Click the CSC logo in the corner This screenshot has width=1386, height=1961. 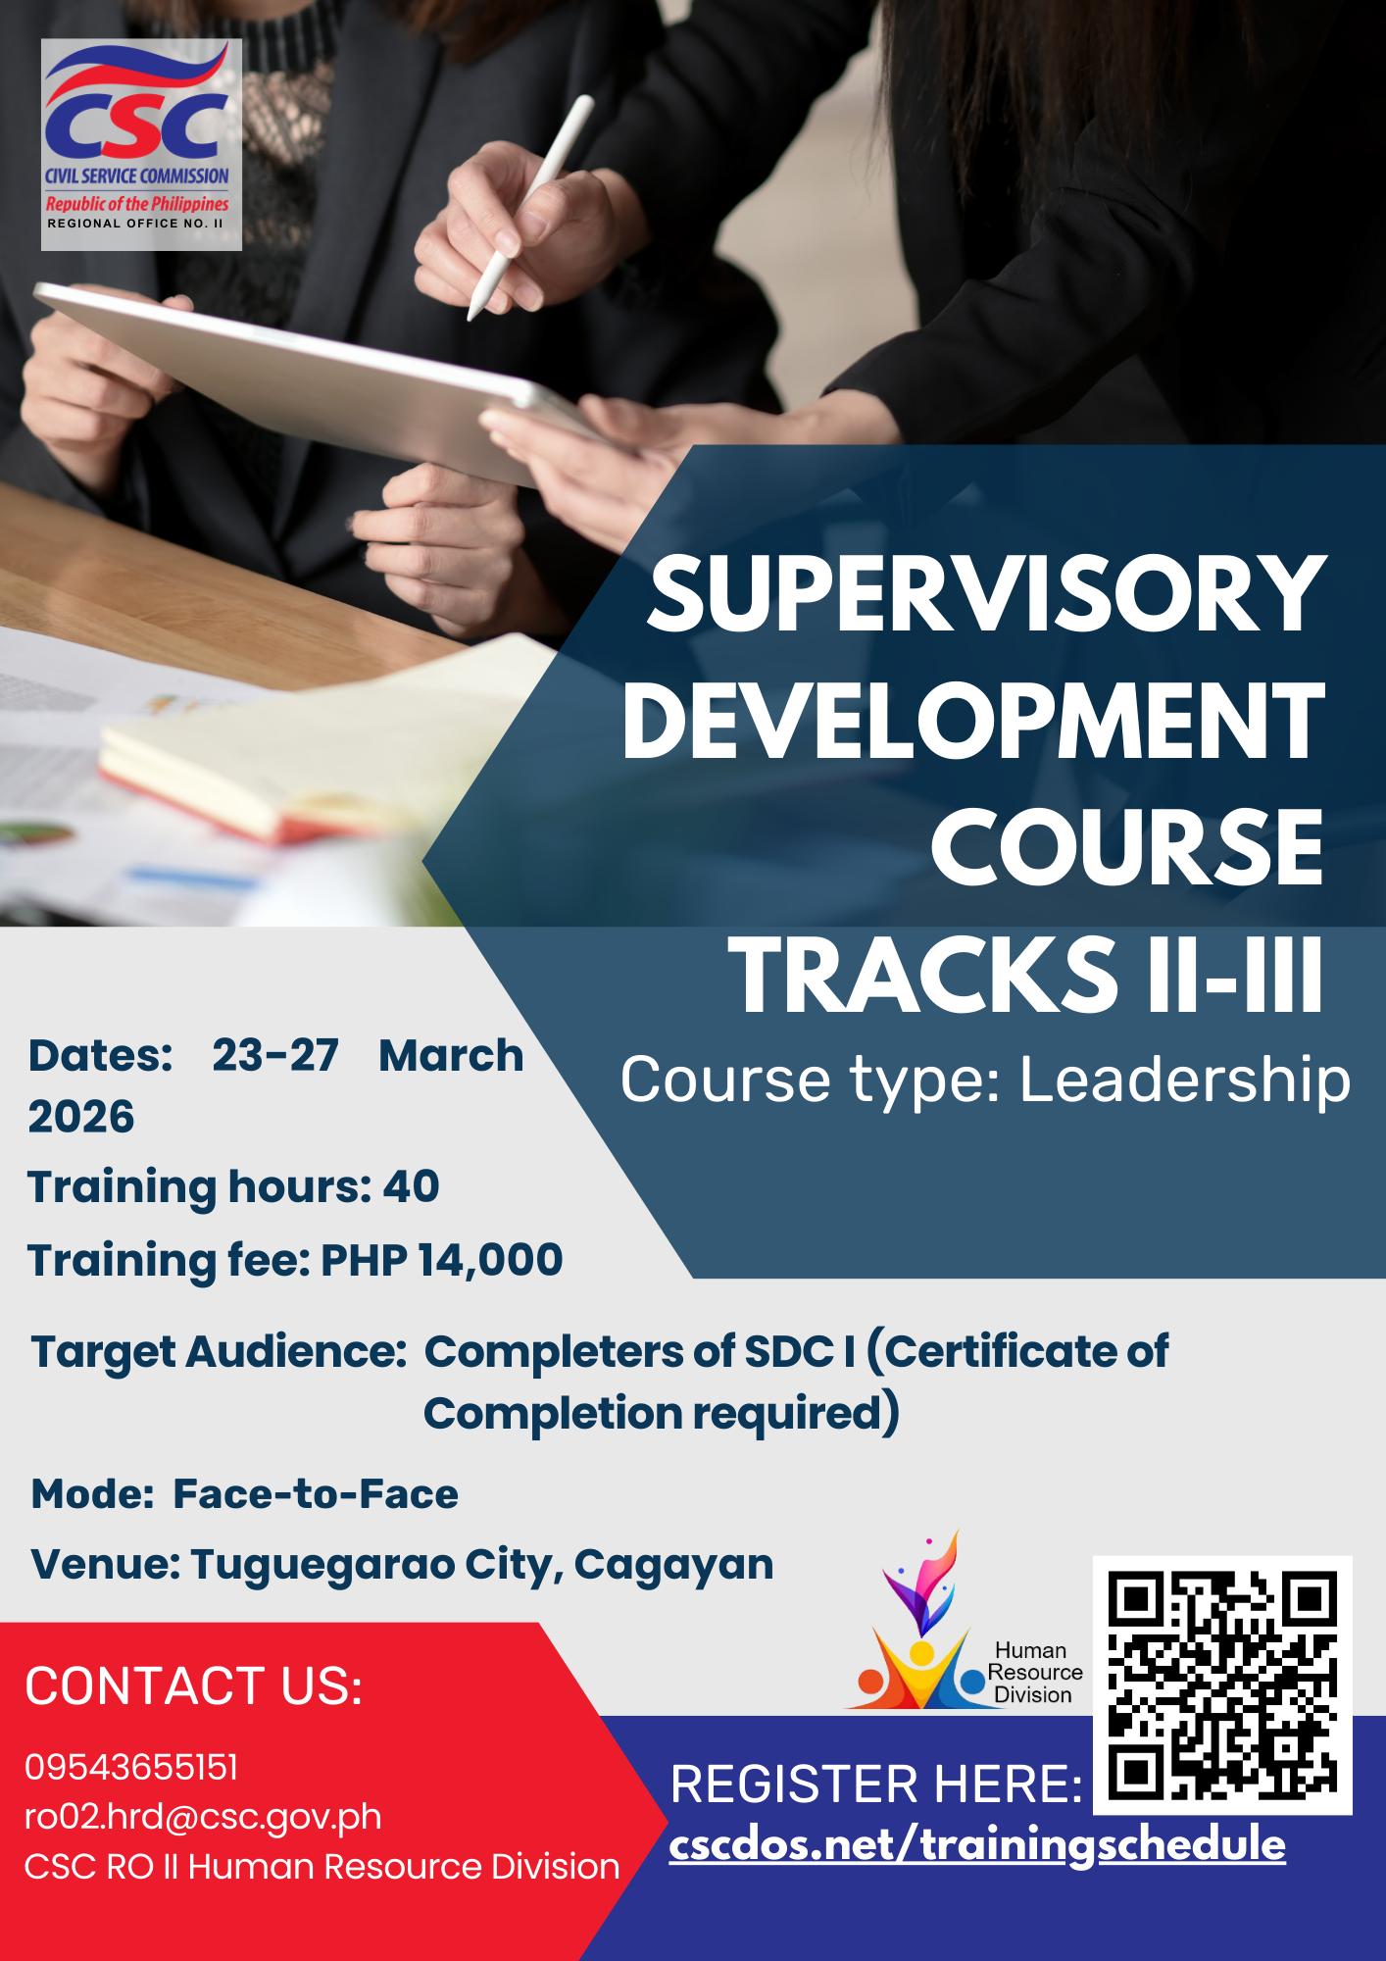click(x=141, y=144)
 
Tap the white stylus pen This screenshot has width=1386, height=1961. click(x=530, y=208)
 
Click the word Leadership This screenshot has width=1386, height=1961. click(x=1185, y=1080)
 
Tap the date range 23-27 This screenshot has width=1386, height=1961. click(x=275, y=1056)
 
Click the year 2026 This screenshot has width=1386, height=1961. click(x=81, y=1117)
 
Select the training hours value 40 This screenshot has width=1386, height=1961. click(x=411, y=1186)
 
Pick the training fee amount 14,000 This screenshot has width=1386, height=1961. click(x=490, y=1260)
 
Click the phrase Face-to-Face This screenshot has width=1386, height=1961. click(x=316, y=1494)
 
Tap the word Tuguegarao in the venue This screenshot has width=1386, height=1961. click(x=322, y=1565)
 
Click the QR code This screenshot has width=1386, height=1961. click(x=1222, y=1684)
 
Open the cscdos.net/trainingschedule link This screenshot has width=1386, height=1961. click(x=977, y=1845)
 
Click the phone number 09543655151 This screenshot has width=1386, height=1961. click(x=131, y=1767)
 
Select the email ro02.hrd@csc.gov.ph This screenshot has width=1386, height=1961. click(x=203, y=1817)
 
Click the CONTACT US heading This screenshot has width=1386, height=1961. click(x=194, y=1686)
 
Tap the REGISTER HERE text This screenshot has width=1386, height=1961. click(x=876, y=1784)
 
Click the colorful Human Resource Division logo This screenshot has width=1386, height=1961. click(x=921, y=1628)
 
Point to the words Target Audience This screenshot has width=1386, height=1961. click(x=219, y=1352)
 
